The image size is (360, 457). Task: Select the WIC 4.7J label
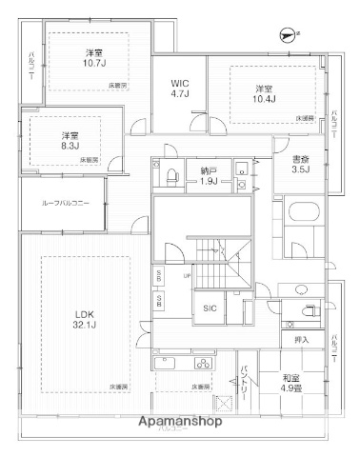click(178, 88)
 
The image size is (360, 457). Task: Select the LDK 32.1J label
click(87, 320)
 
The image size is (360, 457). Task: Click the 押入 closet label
click(300, 338)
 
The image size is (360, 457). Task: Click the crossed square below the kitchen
click(226, 404)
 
